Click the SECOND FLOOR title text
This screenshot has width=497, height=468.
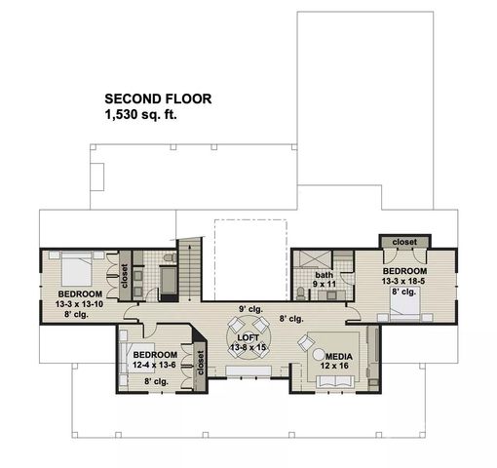coord(157,98)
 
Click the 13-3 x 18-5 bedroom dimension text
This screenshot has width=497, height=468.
coord(404,280)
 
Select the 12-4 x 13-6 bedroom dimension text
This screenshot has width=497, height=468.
coord(155,366)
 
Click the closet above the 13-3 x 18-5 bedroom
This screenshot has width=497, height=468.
coord(399,241)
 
